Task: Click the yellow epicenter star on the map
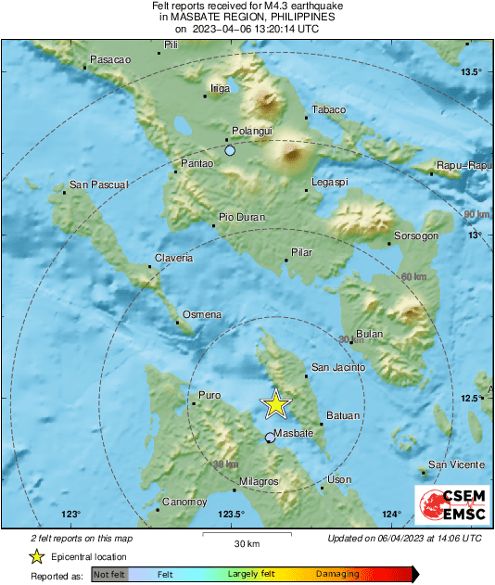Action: click(275, 404)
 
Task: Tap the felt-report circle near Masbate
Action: click(270, 438)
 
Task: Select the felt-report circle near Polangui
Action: click(230, 150)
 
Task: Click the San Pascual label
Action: click(99, 184)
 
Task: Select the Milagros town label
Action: click(259, 482)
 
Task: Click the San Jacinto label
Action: click(337, 367)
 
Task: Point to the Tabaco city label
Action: click(328, 109)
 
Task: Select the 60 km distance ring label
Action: click(413, 276)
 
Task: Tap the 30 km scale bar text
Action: click(246, 542)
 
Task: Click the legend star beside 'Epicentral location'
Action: click(35, 557)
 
